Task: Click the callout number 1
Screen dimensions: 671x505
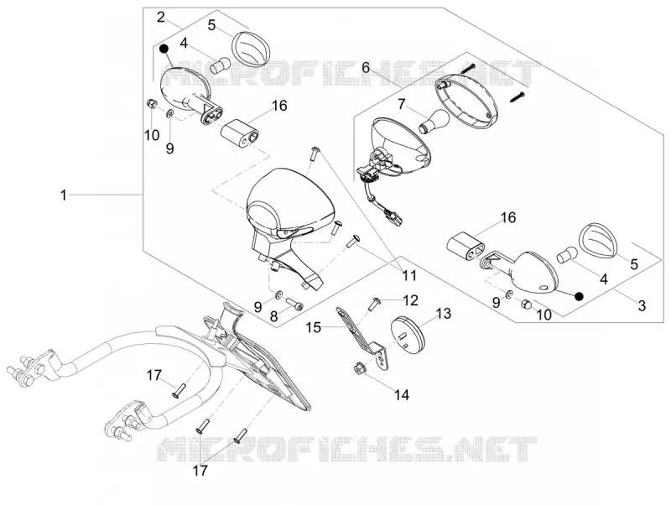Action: pyautogui.click(x=64, y=195)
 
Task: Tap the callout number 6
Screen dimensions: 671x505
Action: pyautogui.click(x=366, y=67)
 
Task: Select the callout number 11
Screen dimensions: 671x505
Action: pyautogui.click(x=408, y=275)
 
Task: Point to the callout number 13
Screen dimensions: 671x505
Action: pyautogui.click(x=444, y=314)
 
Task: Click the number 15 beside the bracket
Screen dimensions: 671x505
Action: pyautogui.click(x=313, y=328)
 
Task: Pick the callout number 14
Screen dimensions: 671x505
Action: pyautogui.click(x=402, y=394)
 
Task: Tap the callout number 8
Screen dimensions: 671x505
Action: pyautogui.click(x=274, y=316)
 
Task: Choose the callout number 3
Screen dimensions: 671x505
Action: pyautogui.click(x=642, y=305)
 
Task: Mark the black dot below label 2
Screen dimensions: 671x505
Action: pyautogui.click(x=163, y=49)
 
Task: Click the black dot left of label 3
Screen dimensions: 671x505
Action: pyautogui.click(x=579, y=296)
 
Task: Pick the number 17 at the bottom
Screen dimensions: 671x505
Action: pyautogui.click(x=200, y=471)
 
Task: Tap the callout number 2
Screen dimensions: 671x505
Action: pyautogui.click(x=161, y=18)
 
